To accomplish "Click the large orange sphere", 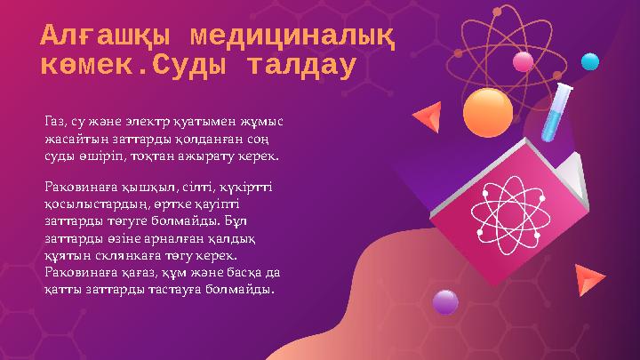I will pos(487,112).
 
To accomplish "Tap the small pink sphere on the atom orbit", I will pos(524,60).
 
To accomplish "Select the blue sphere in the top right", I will pos(590,61).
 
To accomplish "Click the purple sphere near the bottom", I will pos(444,302).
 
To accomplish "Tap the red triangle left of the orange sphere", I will pos(429,116).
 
